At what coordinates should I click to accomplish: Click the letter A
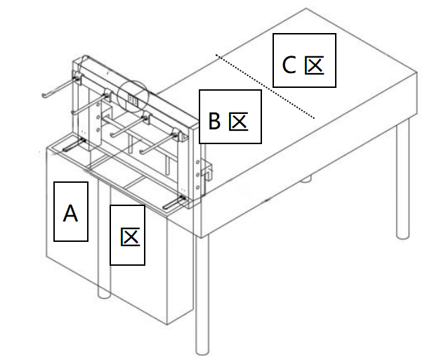70,212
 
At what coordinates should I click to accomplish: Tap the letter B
215,122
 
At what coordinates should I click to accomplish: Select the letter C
289,65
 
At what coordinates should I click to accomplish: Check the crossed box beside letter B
239,122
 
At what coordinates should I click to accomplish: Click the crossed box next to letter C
314,66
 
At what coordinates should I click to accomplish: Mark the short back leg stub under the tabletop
306,179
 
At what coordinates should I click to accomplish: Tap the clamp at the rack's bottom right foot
176,203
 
